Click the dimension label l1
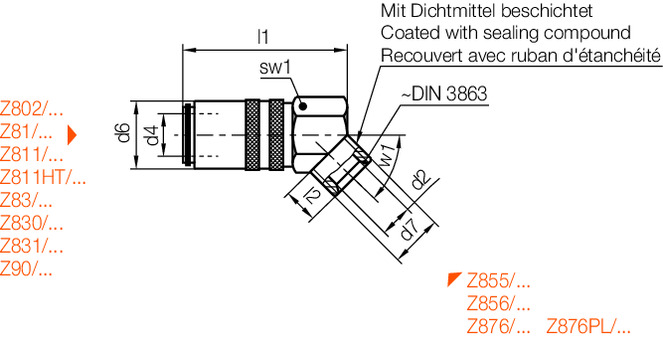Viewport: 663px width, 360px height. tap(263, 37)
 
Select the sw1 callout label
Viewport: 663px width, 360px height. tap(273, 69)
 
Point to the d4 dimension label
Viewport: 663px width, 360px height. tap(150, 134)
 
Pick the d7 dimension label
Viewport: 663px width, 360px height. tap(407, 228)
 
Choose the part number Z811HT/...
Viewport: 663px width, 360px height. tap(43, 178)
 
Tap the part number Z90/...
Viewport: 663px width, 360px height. tap(27, 268)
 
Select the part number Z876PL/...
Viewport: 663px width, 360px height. tap(589, 325)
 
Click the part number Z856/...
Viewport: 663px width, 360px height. tap(498, 303)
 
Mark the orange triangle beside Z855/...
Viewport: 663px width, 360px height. tap(454, 278)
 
